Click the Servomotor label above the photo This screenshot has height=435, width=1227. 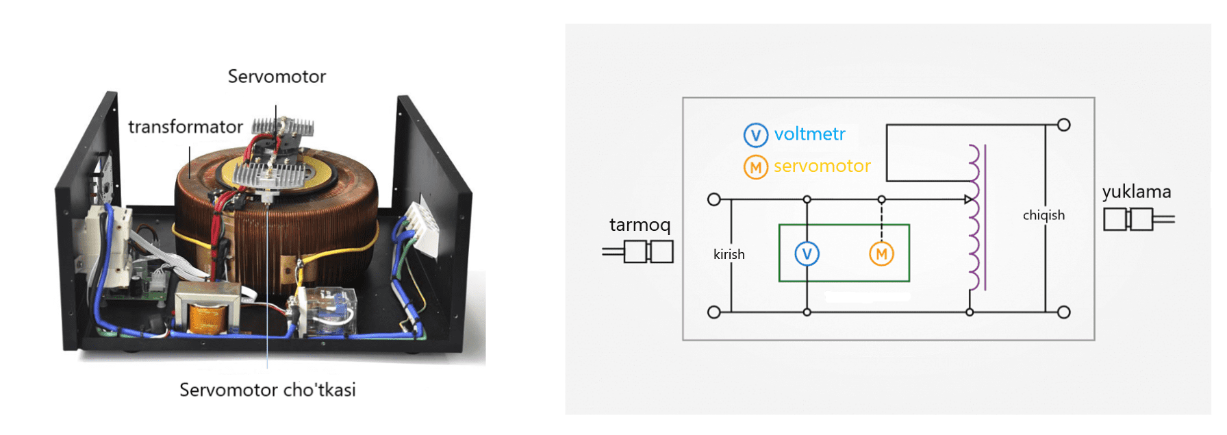[x=277, y=76]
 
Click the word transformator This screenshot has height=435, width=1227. [x=185, y=127]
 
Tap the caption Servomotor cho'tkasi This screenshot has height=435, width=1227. [x=267, y=390]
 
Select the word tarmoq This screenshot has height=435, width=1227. [x=640, y=225]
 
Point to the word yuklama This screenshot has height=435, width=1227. [x=1136, y=192]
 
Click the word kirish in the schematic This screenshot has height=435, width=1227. [x=729, y=254]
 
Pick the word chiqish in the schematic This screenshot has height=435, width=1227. [x=1043, y=215]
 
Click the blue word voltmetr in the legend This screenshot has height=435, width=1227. [x=809, y=134]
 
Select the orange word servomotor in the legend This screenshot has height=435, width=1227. [x=822, y=166]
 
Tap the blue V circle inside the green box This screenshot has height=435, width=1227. [x=807, y=254]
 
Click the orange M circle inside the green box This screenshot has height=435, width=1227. [x=881, y=254]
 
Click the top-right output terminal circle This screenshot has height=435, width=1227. [x=1063, y=125]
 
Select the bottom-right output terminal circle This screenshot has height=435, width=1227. [x=1063, y=312]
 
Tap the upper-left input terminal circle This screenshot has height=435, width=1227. [x=713, y=199]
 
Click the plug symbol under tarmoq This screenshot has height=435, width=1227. [x=638, y=251]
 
